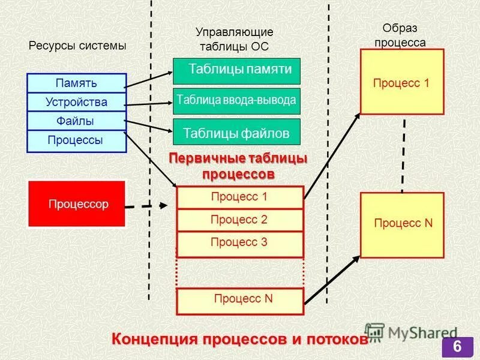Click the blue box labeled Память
pyautogui.click(x=76, y=83)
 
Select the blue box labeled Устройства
pyautogui.click(x=76, y=102)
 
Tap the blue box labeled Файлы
pyautogui.click(x=76, y=121)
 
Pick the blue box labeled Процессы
pyautogui.click(x=76, y=140)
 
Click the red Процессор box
pyautogui.click(x=77, y=204)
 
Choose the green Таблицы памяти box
pyautogui.click(x=236, y=70)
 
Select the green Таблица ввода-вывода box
pyautogui.click(x=236, y=101)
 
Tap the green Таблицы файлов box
pyautogui.click(x=236, y=132)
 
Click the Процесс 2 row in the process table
pyautogui.click(x=239, y=220)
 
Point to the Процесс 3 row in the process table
pyautogui.click(x=239, y=243)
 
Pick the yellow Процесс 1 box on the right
pyautogui.click(x=401, y=82)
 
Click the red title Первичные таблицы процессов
pyautogui.click(x=238, y=166)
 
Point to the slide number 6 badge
pyautogui.click(x=457, y=347)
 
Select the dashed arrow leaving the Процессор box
pyautogui.click(x=148, y=206)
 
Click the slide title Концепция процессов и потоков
pyautogui.click(x=239, y=339)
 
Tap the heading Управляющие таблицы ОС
pyautogui.click(x=235, y=38)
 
